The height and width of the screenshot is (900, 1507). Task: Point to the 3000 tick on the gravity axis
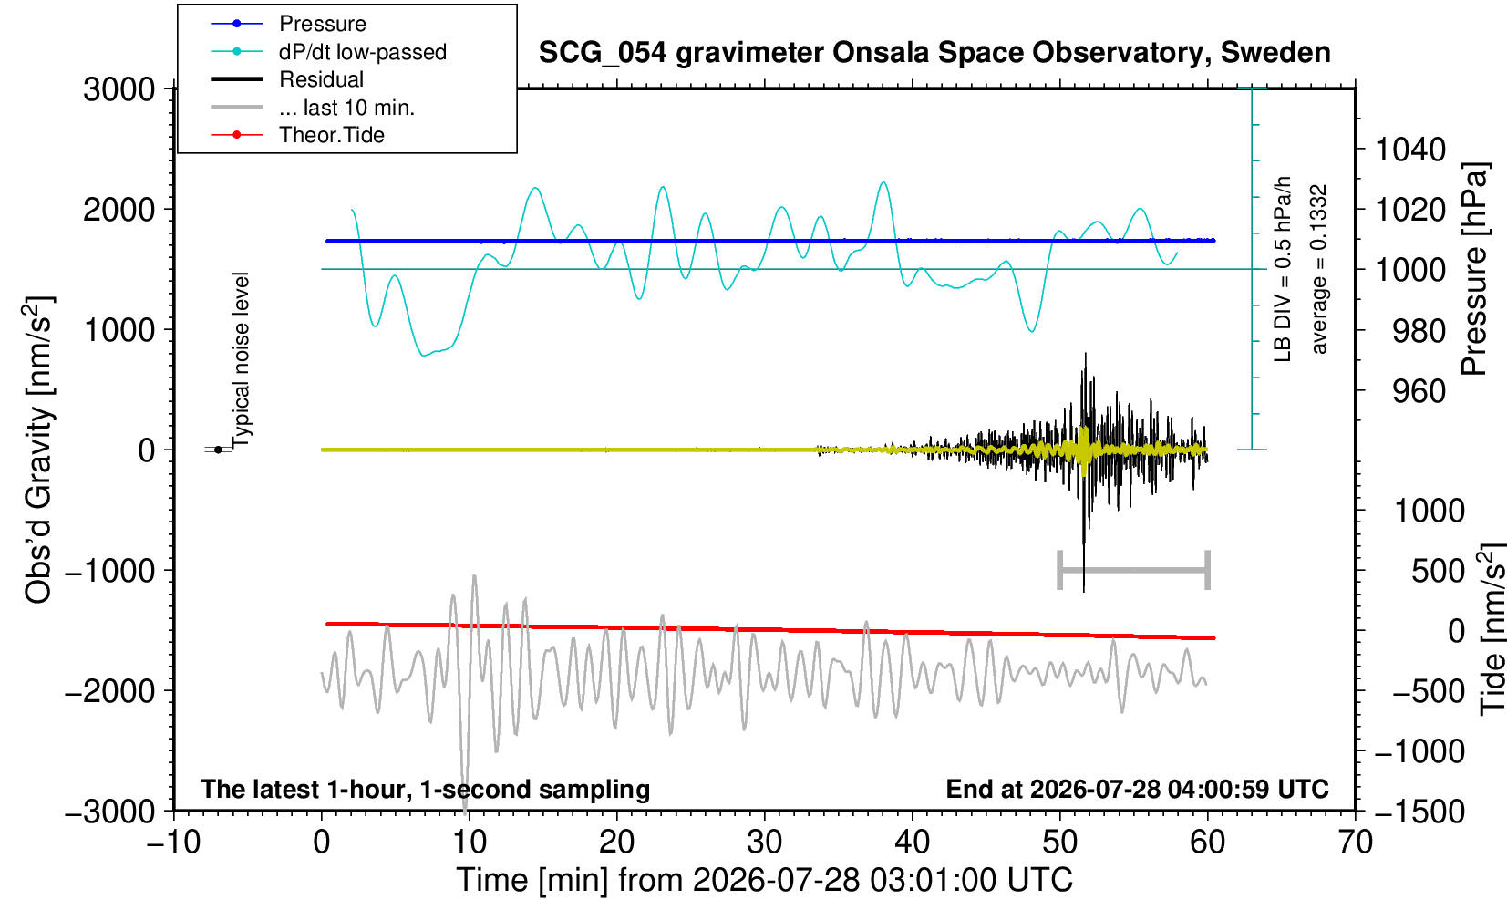(x=119, y=88)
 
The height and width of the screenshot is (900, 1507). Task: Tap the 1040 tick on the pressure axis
(x=1410, y=150)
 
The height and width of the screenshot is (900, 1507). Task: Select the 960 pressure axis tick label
(x=1419, y=390)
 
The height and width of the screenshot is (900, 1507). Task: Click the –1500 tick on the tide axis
(x=1419, y=812)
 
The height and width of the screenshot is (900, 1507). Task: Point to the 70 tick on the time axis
(x=1355, y=843)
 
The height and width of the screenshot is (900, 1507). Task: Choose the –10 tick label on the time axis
(x=173, y=843)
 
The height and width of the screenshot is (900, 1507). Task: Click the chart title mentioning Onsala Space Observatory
(x=934, y=53)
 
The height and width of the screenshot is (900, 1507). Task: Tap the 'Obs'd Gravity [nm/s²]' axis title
(x=38, y=450)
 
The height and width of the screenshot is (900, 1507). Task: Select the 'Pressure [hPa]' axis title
(x=1475, y=269)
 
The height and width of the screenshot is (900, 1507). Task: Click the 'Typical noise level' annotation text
(x=240, y=360)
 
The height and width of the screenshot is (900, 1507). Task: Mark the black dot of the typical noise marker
(x=218, y=450)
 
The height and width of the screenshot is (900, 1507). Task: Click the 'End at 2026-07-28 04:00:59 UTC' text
(x=1137, y=789)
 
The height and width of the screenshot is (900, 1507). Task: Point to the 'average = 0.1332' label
(x=1318, y=269)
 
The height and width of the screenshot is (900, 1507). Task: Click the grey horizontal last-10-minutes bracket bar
(x=1134, y=570)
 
